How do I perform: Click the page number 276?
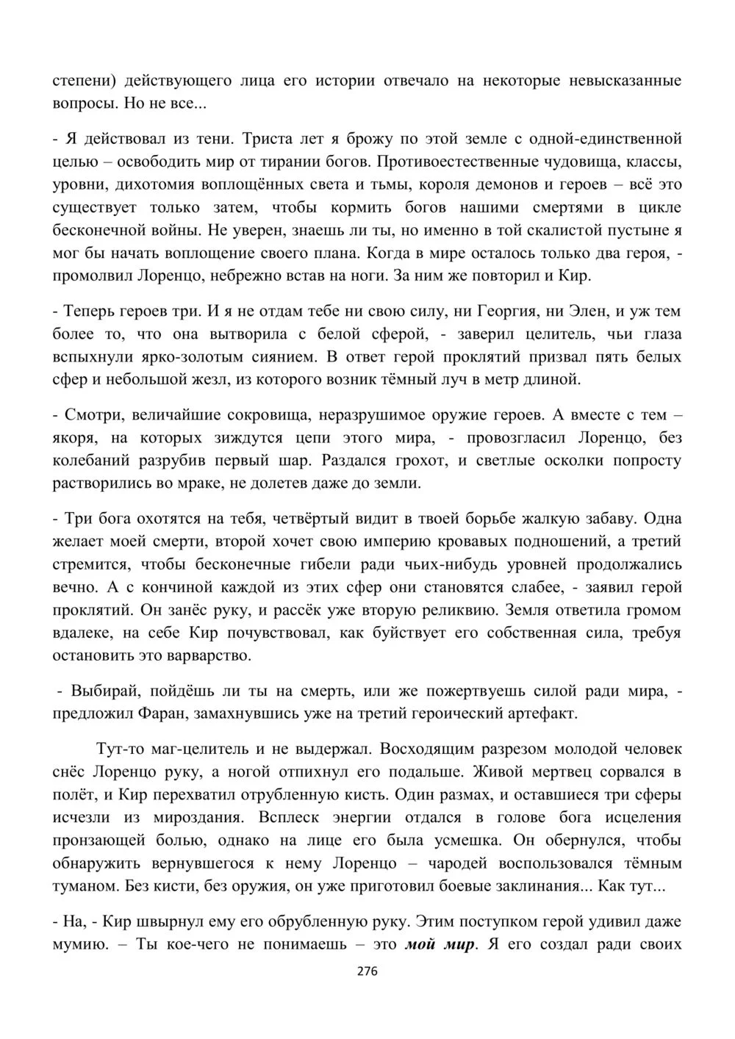(367, 971)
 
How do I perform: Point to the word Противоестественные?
(440, 162)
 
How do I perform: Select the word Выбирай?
(101, 691)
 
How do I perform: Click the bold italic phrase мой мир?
(440, 943)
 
